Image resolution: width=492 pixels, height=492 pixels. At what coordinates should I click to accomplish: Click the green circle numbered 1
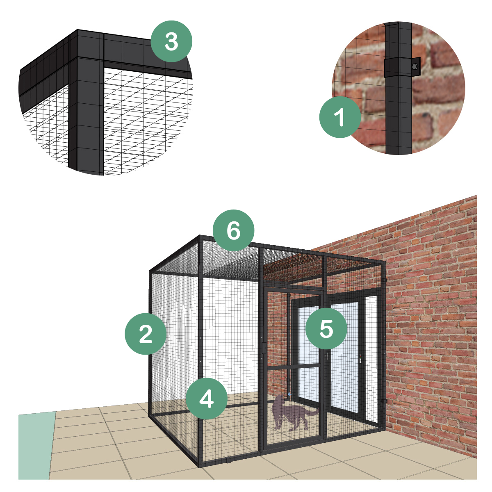[340, 117]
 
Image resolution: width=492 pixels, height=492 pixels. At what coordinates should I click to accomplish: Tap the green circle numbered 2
[145, 334]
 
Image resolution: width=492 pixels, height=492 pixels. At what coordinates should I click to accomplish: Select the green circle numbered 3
[171, 41]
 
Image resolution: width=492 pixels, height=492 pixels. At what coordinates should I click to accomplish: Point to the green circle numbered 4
[207, 399]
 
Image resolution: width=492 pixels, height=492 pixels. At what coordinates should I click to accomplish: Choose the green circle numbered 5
[326, 328]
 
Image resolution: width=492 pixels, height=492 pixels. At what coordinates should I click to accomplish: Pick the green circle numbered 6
[233, 230]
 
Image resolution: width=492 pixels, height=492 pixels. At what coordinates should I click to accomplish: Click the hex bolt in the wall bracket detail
[415, 67]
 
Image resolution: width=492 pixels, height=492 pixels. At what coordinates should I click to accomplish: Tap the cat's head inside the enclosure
[279, 400]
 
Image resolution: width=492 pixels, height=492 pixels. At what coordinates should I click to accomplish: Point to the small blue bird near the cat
[289, 394]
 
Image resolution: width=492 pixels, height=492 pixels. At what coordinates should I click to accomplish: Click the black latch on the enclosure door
[264, 348]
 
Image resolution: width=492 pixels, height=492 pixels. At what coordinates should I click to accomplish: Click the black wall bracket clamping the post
[402, 67]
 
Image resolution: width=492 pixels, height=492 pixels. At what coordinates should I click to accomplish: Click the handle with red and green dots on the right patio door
[360, 358]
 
